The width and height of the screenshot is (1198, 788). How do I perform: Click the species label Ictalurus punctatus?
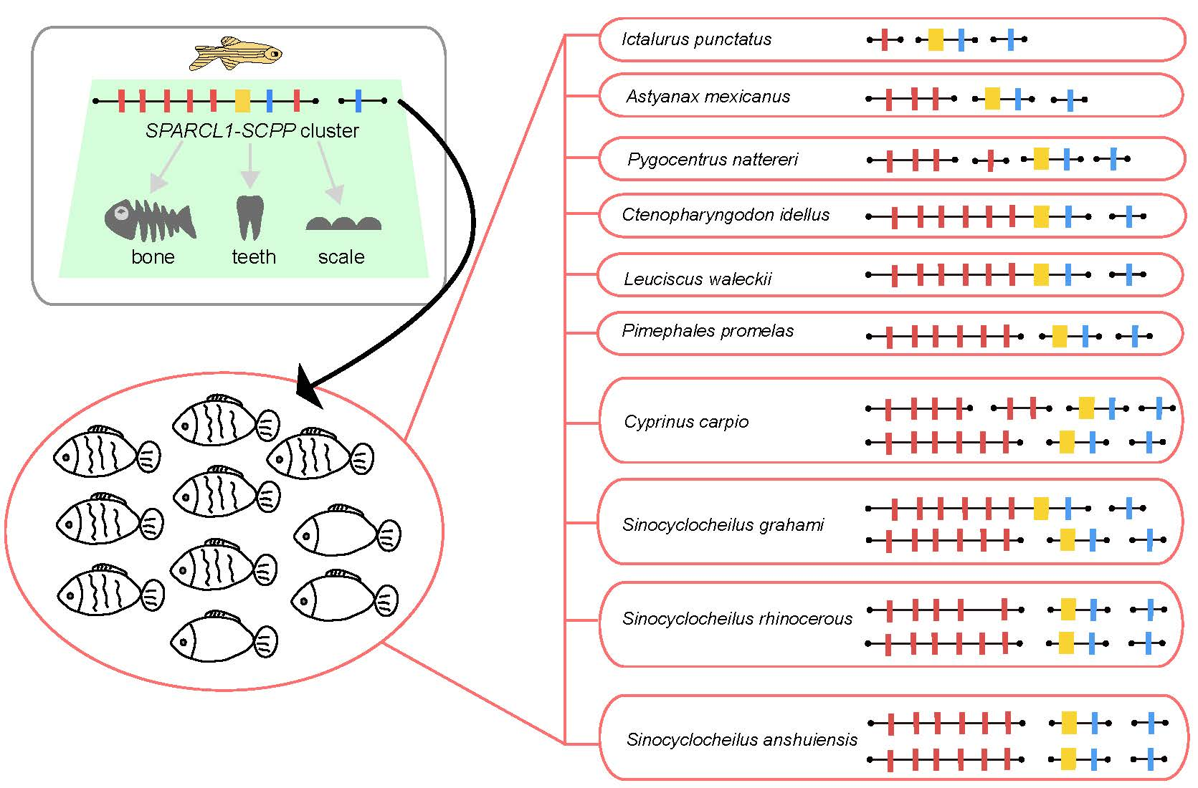(696, 39)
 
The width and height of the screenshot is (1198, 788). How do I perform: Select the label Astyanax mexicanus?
(708, 97)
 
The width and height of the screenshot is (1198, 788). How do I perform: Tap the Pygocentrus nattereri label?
(712, 159)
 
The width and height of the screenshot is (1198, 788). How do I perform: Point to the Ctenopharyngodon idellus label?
(726, 215)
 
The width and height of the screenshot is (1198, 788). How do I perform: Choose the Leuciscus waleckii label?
(697, 279)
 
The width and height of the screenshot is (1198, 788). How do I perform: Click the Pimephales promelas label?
(708, 331)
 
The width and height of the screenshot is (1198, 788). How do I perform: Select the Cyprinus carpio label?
(686, 422)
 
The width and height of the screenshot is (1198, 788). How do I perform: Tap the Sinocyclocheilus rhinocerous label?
(737, 619)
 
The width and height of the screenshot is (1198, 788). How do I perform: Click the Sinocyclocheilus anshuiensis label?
(741, 739)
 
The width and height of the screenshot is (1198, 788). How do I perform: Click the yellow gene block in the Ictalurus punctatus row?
(936, 39)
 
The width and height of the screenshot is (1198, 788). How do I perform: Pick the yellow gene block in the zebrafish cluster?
(242, 101)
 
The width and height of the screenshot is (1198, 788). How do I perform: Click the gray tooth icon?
(249, 218)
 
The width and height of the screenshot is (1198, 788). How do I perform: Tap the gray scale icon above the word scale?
(343, 224)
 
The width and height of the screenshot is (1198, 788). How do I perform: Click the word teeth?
(254, 257)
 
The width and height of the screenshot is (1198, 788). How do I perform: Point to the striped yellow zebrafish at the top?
(236, 54)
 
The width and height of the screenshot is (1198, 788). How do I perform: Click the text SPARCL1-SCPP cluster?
(252, 131)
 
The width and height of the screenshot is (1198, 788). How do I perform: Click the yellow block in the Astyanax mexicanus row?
(992, 98)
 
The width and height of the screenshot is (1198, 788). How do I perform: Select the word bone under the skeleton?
(153, 257)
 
